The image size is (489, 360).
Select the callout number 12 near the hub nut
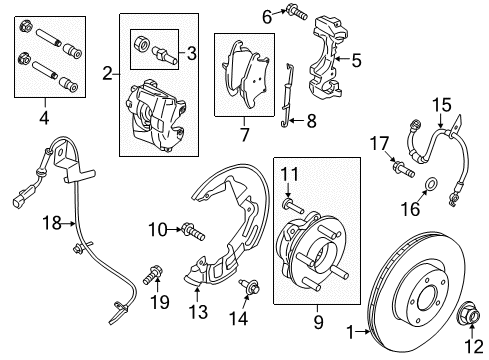click(x=470, y=345)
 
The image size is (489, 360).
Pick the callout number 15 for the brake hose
click(x=439, y=103)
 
